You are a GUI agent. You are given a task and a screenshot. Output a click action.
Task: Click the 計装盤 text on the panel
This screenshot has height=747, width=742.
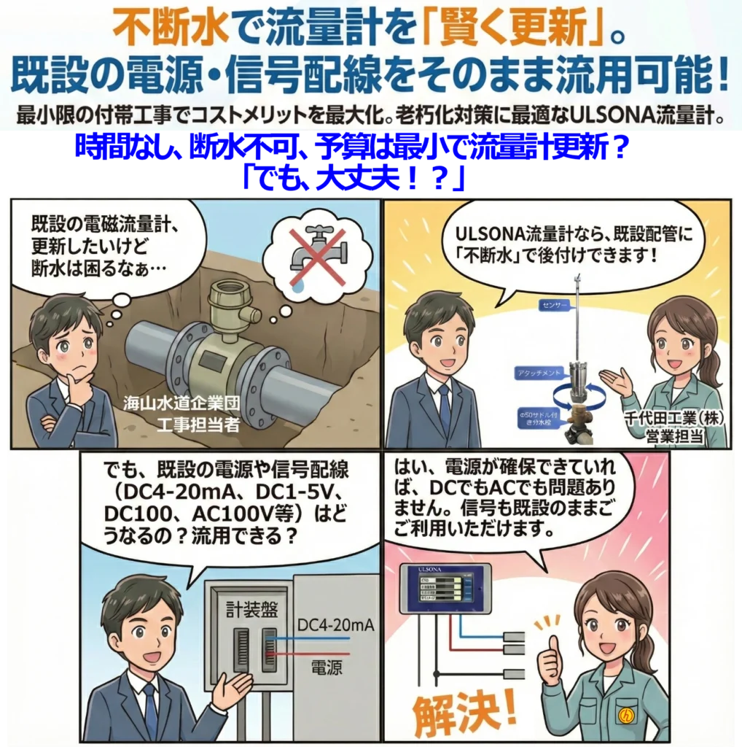[248, 608]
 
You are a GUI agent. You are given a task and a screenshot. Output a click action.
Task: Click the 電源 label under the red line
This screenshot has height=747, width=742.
[328, 666]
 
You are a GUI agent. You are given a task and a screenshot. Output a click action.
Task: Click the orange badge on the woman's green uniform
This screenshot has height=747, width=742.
[644, 713]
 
